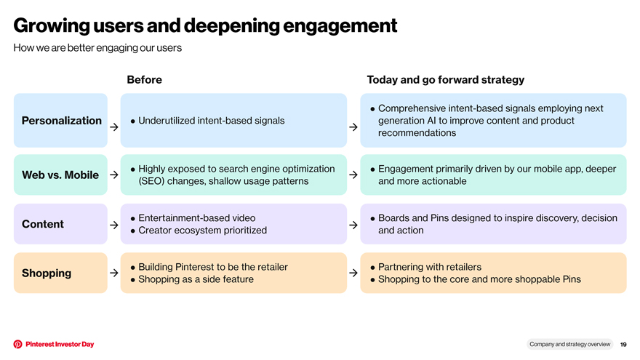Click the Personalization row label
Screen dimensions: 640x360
pos(61,121)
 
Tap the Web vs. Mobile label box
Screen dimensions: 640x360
pos(60,175)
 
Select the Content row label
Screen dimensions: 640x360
pos(43,224)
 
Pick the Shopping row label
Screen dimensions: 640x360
pos(47,273)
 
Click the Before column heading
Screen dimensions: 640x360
pos(145,79)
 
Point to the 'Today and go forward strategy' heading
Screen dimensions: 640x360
pos(445,79)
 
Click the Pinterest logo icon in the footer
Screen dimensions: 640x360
pos(17,344)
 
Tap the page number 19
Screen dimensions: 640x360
pos(623,345)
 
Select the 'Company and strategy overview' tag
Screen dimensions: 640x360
pos(569,344)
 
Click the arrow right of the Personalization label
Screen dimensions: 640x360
pos(114,127)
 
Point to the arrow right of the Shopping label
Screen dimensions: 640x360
pos(114,273)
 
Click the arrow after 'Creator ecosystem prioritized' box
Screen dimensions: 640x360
pos(353,225)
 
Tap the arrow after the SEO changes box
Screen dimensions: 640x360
pos(353,175)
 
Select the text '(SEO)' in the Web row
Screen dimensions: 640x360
pos(151,181)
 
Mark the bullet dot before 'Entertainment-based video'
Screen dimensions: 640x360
pos(132,219)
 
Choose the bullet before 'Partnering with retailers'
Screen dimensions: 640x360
pos(372,268)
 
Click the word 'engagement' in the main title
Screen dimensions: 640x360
pos(340,25)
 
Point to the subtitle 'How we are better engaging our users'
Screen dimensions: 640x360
pos(97,48)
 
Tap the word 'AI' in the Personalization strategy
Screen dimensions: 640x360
pos(431,121)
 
